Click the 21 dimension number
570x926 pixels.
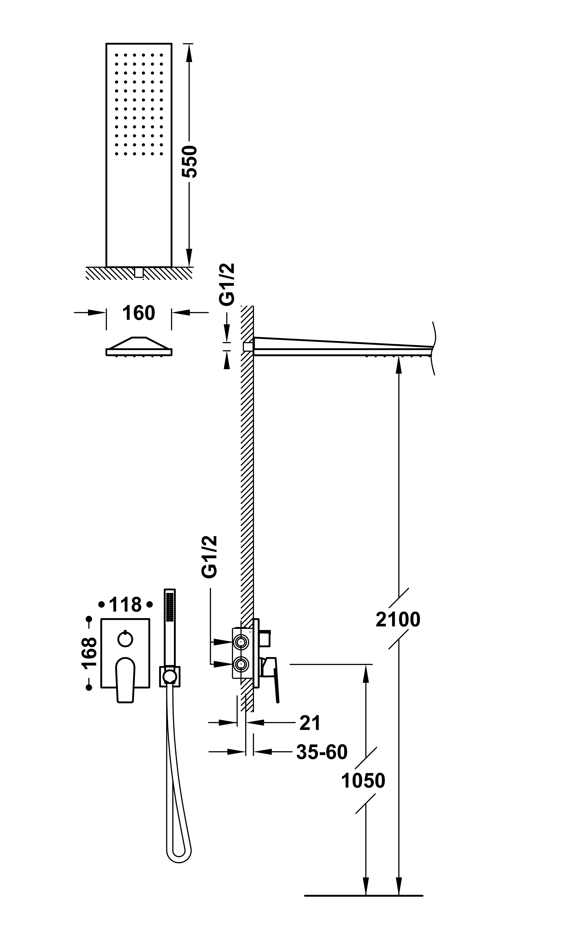310,723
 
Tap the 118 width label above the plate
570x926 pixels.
125,605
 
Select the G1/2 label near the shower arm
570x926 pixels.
227,284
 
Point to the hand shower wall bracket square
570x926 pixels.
170,676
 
